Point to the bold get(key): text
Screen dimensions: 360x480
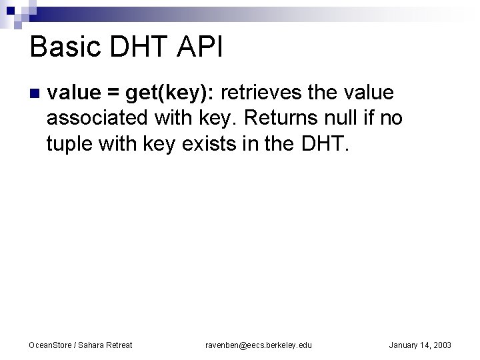(166, 93)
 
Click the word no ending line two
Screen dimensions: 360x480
(393, 118)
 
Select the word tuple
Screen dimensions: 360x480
(68, 143)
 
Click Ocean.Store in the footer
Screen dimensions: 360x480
(50, 345)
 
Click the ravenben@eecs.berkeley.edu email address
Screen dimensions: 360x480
(258, 345)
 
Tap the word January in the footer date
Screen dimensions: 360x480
(404, 345)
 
